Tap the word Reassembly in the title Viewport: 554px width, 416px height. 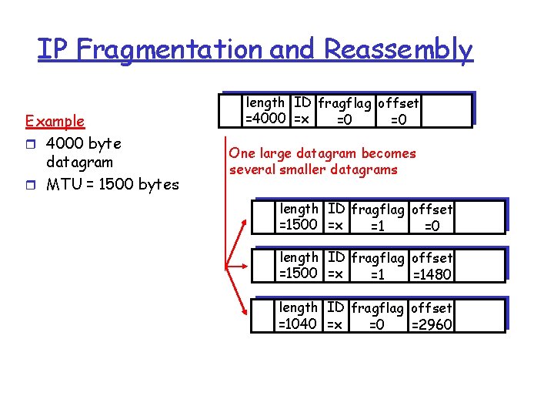tap(398, 49)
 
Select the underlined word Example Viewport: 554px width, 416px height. tap(55, 121)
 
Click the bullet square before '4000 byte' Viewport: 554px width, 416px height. tap(30, 144)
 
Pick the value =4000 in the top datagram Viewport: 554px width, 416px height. tap(266, 119)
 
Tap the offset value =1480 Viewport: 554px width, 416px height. tap(432, 274)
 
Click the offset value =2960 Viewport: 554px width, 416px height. tap(432, 324)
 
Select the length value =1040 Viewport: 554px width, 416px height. tap(298, 324)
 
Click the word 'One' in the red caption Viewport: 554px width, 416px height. tap(242, 153)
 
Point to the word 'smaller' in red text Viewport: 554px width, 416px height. tap(311, 169)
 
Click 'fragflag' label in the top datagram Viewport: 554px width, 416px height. tap(345, 103)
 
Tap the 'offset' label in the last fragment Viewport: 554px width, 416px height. tap(432, 308)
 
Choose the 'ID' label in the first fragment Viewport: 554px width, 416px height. tap(336, 210)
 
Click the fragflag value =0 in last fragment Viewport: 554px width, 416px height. tap(376, 324)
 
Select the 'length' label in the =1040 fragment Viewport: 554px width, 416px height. tap(299, 307)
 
